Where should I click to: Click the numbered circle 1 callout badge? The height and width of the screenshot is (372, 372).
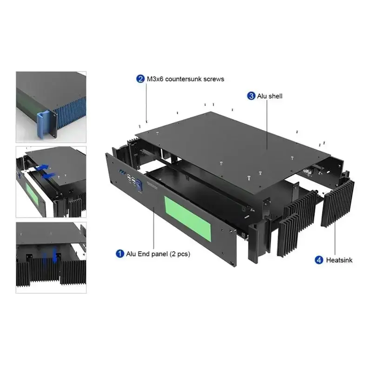point(120,253)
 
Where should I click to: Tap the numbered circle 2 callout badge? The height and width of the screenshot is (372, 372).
point(140,79)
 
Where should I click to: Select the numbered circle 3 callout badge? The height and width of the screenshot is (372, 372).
point(251,96)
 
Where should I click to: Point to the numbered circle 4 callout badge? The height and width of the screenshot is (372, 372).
point(319,260)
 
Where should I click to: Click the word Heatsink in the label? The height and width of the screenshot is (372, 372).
point(339,260)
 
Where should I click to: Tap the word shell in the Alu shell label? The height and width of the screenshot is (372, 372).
point(275,96)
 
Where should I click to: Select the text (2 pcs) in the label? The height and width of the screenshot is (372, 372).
point(180,254)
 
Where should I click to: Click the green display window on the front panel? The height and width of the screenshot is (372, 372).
point(187,219)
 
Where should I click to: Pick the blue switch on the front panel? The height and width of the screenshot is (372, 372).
point(139,185)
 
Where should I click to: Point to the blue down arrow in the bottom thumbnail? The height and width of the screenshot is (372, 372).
point(54,255)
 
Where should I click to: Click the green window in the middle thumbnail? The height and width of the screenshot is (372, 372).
point(32,194)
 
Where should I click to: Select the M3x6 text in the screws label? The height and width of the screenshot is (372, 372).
point(155,79)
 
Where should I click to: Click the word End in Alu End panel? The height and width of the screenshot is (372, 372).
point(143,254)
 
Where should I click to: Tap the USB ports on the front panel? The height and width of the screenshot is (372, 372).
point(131,179)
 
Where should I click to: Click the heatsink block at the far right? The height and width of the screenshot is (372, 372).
point(338,203)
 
